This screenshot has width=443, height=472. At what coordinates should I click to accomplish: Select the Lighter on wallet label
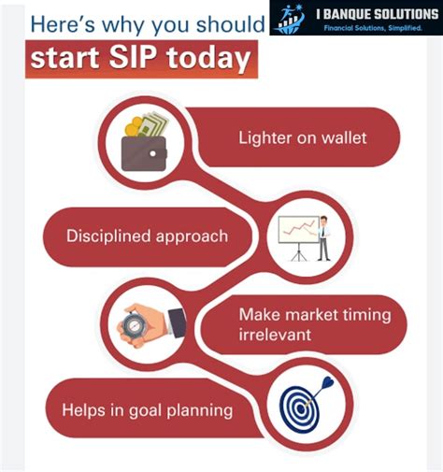[302, 138]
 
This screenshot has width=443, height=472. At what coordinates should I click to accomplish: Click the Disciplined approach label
[147, 236]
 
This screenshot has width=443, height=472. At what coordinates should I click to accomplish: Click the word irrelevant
[276, 334]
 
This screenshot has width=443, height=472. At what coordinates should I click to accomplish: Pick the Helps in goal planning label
[147, 408]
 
